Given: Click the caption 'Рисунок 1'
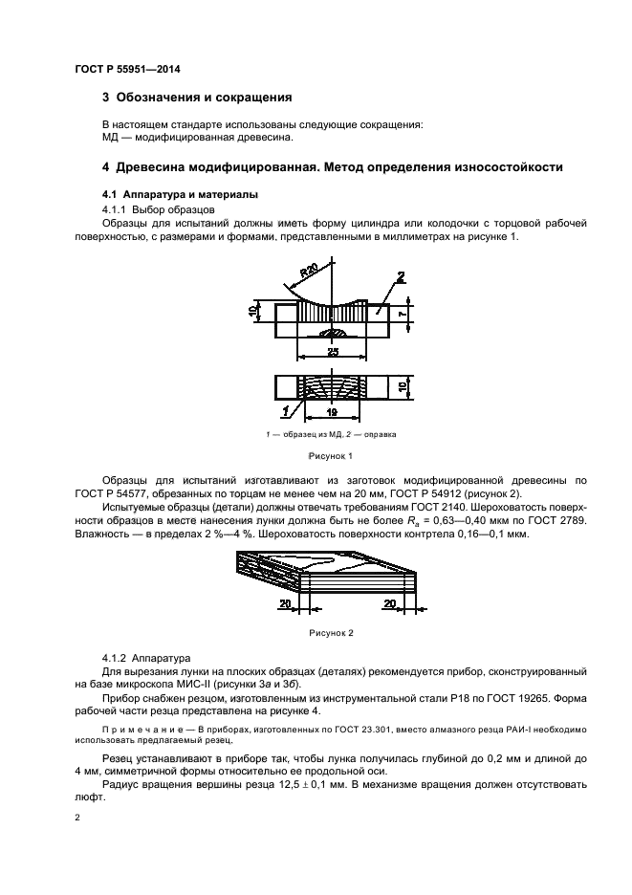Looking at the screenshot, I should point(331,456).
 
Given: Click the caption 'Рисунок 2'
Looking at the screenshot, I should point(331,633).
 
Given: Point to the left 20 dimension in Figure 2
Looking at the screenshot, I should point(285,603).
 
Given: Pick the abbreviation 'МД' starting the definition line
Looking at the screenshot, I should point(111,137).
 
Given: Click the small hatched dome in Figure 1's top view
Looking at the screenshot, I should point(334,333).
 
